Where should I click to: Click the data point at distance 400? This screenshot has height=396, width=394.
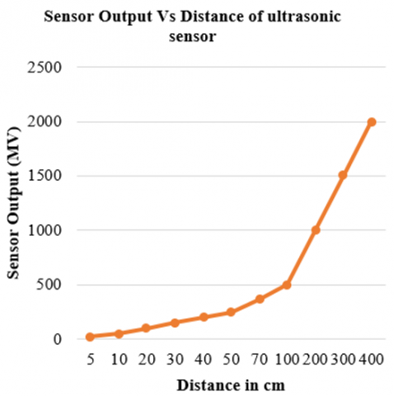(372, 122)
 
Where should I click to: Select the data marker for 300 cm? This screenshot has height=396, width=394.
(343, 176)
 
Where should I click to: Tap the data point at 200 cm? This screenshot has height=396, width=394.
(315, 230)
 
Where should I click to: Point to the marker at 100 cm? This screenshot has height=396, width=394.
(287, 285)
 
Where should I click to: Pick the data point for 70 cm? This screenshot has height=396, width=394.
(259, 299)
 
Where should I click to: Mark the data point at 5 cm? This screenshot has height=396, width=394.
(90, 337)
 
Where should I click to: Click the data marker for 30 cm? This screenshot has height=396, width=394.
(175, 323)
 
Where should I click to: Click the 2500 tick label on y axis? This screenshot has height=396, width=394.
(46, 68)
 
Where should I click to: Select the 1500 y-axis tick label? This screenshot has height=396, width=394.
(46, 176)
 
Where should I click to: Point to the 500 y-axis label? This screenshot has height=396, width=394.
(50, 285)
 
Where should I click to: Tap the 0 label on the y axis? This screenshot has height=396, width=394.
(58, 339)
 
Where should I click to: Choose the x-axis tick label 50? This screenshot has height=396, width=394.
(231, 360)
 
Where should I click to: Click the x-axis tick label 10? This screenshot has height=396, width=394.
(118, 360)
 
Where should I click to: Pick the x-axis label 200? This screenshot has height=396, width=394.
(315, 360)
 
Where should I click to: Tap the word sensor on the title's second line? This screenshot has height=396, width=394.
(197, 37)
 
